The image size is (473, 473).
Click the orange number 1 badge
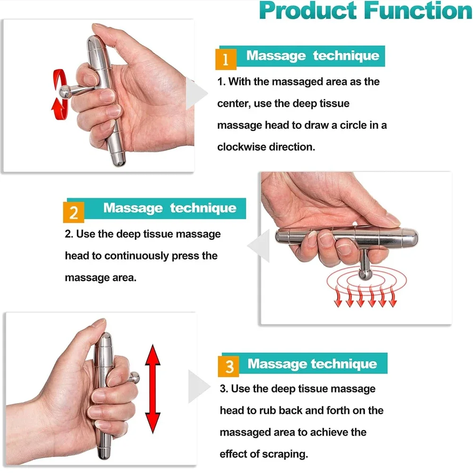click(226, 60)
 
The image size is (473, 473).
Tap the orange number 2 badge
click(74, 212)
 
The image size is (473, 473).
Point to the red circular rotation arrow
click(60, 95)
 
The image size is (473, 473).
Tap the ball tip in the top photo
click(63, 92)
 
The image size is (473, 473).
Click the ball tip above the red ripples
click(365, 274)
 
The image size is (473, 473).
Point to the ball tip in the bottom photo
click(134, 377)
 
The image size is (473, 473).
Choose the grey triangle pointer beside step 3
click(196, 386)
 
